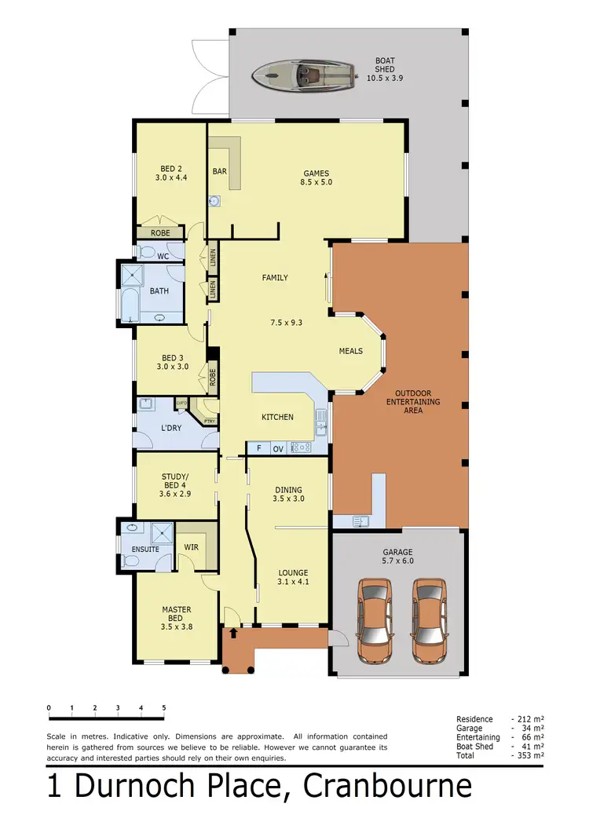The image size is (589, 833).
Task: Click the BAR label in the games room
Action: point(220,171)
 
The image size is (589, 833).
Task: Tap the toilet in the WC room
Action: point(145,252)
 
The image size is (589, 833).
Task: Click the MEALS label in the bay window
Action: point(351,351)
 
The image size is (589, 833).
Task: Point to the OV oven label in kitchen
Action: point(277,449)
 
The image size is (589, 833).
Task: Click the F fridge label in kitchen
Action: point(258,449)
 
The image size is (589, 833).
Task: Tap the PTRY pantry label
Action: point(209,422)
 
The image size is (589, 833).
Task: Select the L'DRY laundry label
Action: point(172,428)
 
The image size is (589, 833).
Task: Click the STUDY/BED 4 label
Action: point(175,485)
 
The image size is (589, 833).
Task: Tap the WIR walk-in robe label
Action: point(191,547)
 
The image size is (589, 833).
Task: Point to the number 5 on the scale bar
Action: point(163,708)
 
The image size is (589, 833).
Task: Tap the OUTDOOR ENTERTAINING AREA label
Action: point(418,401)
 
